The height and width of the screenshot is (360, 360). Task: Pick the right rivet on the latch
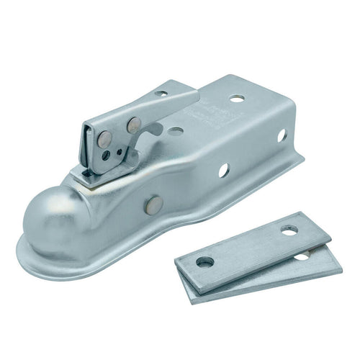coord(133,125)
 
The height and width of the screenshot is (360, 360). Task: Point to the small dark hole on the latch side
coord(107,154)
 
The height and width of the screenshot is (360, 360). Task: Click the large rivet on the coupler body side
coord(152,205)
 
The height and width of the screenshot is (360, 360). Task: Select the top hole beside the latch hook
coord(175,132)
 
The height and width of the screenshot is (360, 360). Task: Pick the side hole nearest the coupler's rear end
coord(282,135)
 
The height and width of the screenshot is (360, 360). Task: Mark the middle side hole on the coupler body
coord(223,171)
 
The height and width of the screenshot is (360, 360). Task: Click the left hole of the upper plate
coord(205,262)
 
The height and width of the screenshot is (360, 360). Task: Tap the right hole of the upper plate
coord(289,230)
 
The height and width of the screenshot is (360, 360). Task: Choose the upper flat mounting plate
coord(248,248)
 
